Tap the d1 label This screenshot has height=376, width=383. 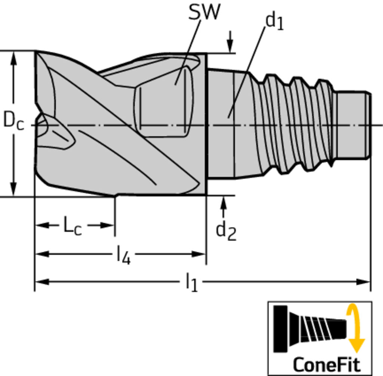[x=275, y=21]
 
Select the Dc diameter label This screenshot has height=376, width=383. [x=14, y=120]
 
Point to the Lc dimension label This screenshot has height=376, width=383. [x=72, y=226]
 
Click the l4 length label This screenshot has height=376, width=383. [x=124, y=255]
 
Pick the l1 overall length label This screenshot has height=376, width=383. [x=191, y=282]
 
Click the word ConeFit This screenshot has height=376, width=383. [x=327, y=365]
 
